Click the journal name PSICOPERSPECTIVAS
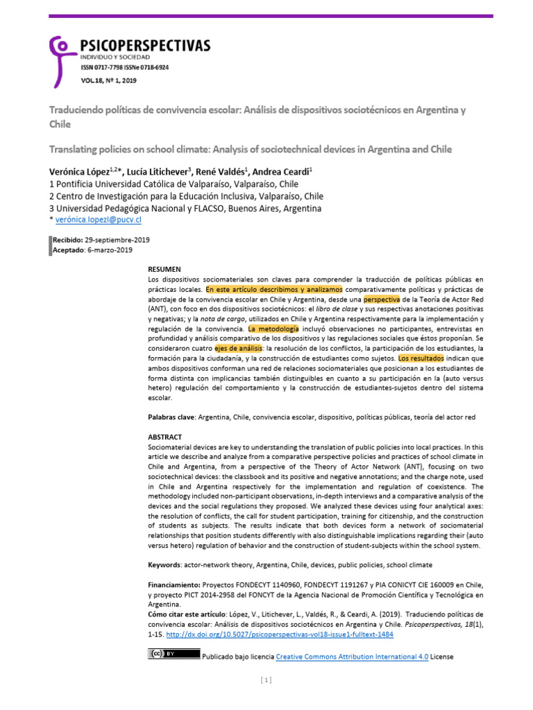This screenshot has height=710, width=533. (x=146, y=46)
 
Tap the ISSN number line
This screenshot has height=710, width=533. (x=125, y=68)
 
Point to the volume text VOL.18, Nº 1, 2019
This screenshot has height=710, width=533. (x=109, y=82)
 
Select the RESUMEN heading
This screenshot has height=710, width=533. (x=164, y=268)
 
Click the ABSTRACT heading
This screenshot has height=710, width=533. (x=165, y=438)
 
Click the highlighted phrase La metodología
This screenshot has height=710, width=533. (x=273, y=328)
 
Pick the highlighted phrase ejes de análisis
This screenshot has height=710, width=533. (x=240, y=348)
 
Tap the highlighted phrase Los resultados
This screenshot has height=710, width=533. (x=421, y=358)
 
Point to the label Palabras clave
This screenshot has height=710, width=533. (x=171, y=417)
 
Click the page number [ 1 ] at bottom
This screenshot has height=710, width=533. (x=266, y=680)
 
